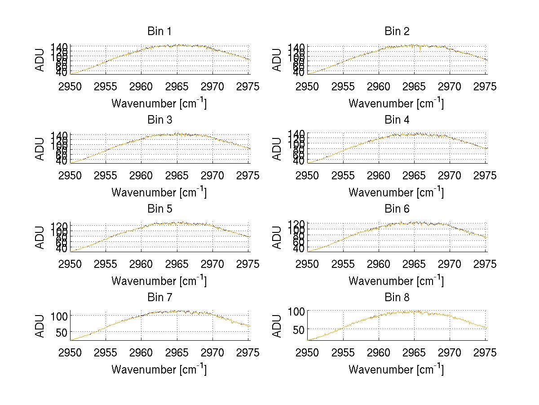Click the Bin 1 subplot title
tap(159, 31)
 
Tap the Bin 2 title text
tap(397, 31)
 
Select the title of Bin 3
tap(159, 120)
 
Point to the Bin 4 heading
tap(397, 120)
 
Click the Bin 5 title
tap(159, 209)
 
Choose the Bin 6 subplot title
tap(397, 209)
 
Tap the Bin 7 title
tap(159, 298)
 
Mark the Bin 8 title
tap(397, 298)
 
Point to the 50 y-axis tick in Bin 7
tap(62, 332)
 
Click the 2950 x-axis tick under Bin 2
tap(307, 87)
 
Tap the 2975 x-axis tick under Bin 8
tap(485, 353)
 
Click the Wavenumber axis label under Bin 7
tap(159, 369)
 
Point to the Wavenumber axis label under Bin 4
tap(396, 192)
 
